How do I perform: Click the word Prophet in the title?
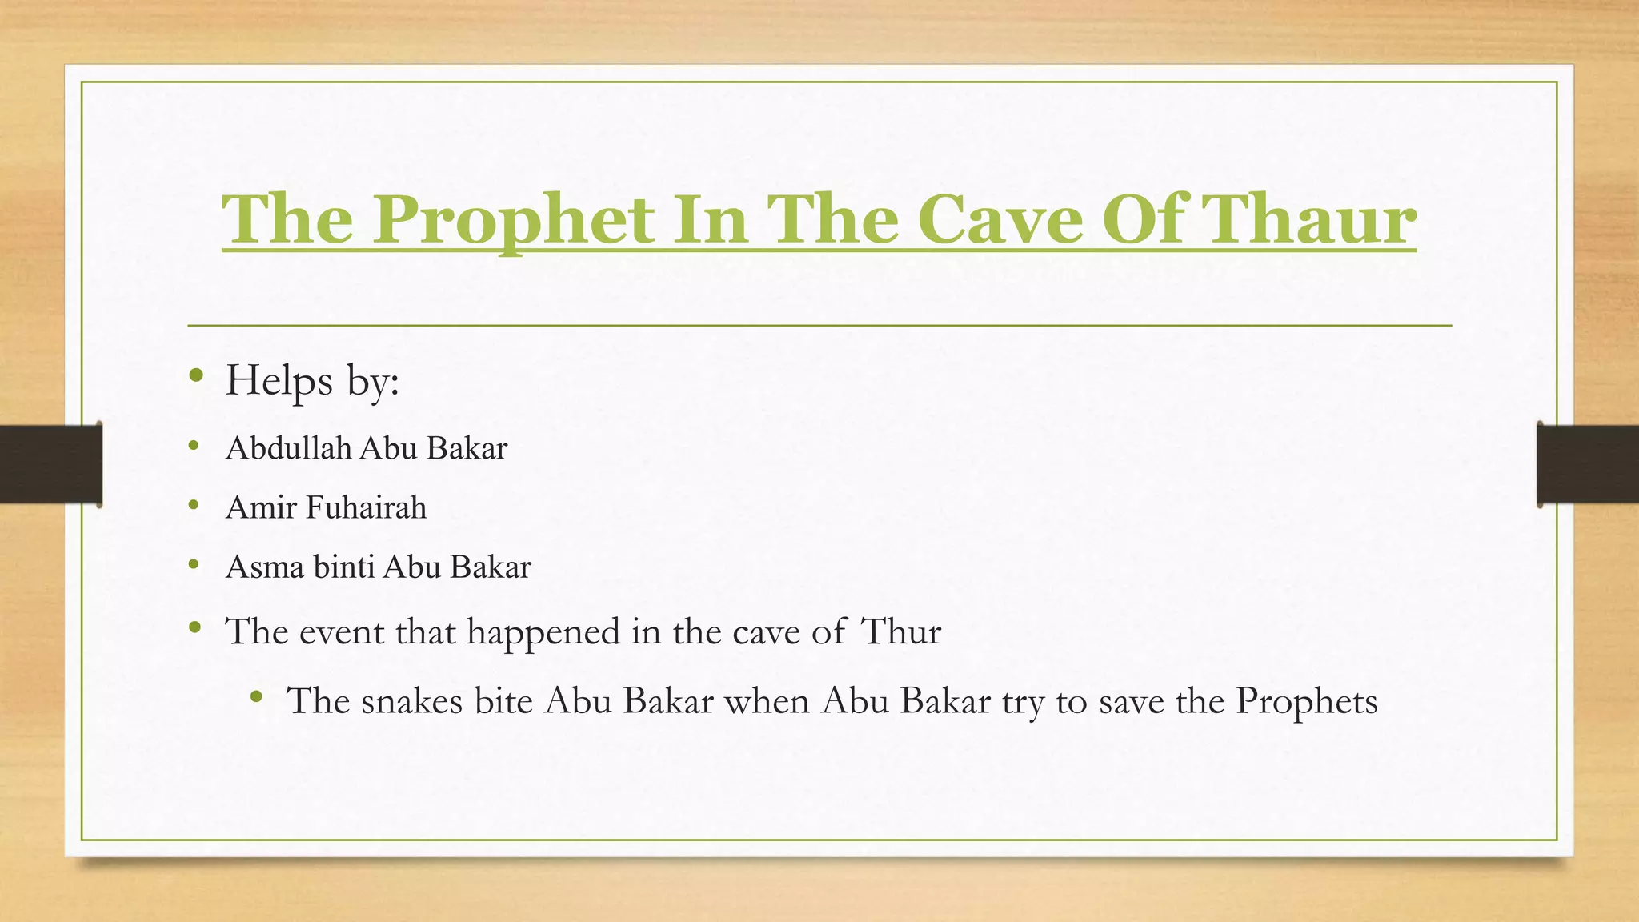pos(512,220)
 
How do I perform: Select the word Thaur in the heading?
pos(1309,220)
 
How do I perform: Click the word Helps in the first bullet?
pos(279,380)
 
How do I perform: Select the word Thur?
pos(901,632)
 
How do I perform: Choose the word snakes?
pos(411,702)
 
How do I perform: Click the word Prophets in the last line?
pos(1306,702)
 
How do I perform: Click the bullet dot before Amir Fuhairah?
pos(194,505)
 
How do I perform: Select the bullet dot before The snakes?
pos(256,696)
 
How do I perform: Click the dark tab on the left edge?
pos(50,464)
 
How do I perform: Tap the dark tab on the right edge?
pos(1588,464)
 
